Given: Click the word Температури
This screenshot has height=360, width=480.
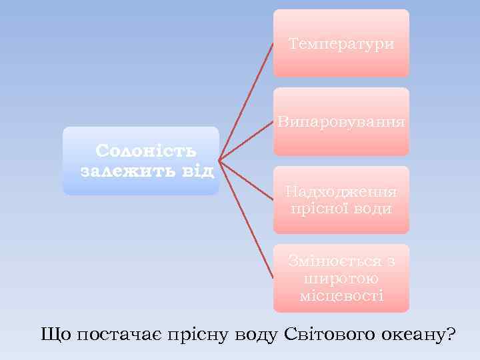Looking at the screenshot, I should (341, 44).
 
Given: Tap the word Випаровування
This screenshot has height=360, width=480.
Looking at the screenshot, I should (341, 122).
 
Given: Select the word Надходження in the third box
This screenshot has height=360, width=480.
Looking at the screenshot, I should (341, 192).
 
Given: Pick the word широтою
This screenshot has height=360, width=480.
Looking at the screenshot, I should (341, 278).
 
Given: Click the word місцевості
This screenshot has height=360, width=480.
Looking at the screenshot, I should (341, 295).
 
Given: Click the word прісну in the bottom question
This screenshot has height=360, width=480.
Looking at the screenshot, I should (196, 335).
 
